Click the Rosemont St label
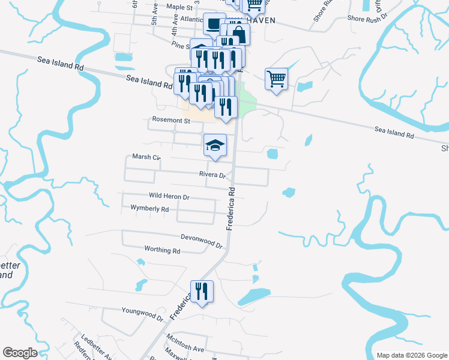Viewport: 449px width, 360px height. (x=170, y=121)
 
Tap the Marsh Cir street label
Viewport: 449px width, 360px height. (x=146, y=158)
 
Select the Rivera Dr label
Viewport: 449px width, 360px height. (x=212, y=175)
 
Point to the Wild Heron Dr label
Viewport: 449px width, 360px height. (x=169, y=196)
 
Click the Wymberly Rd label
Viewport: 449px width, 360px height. (x=149, y=209)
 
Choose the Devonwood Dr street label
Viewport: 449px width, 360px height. (x=202, y=241)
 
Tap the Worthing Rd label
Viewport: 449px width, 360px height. (x=162, y=250)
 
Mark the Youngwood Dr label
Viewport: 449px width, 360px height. (x=142, y=313)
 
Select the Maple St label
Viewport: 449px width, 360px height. (x=179, y=7)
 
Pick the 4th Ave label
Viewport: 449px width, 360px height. (x=175, y=27)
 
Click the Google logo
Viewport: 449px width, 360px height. (x=20, y=353)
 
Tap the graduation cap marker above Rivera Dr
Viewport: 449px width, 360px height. (x=215, y=145)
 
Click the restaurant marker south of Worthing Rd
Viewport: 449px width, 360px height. (x=202, y=292)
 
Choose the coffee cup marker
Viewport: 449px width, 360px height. (x=214, y=24)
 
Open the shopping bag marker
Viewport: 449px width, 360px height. (x=238, y=34)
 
